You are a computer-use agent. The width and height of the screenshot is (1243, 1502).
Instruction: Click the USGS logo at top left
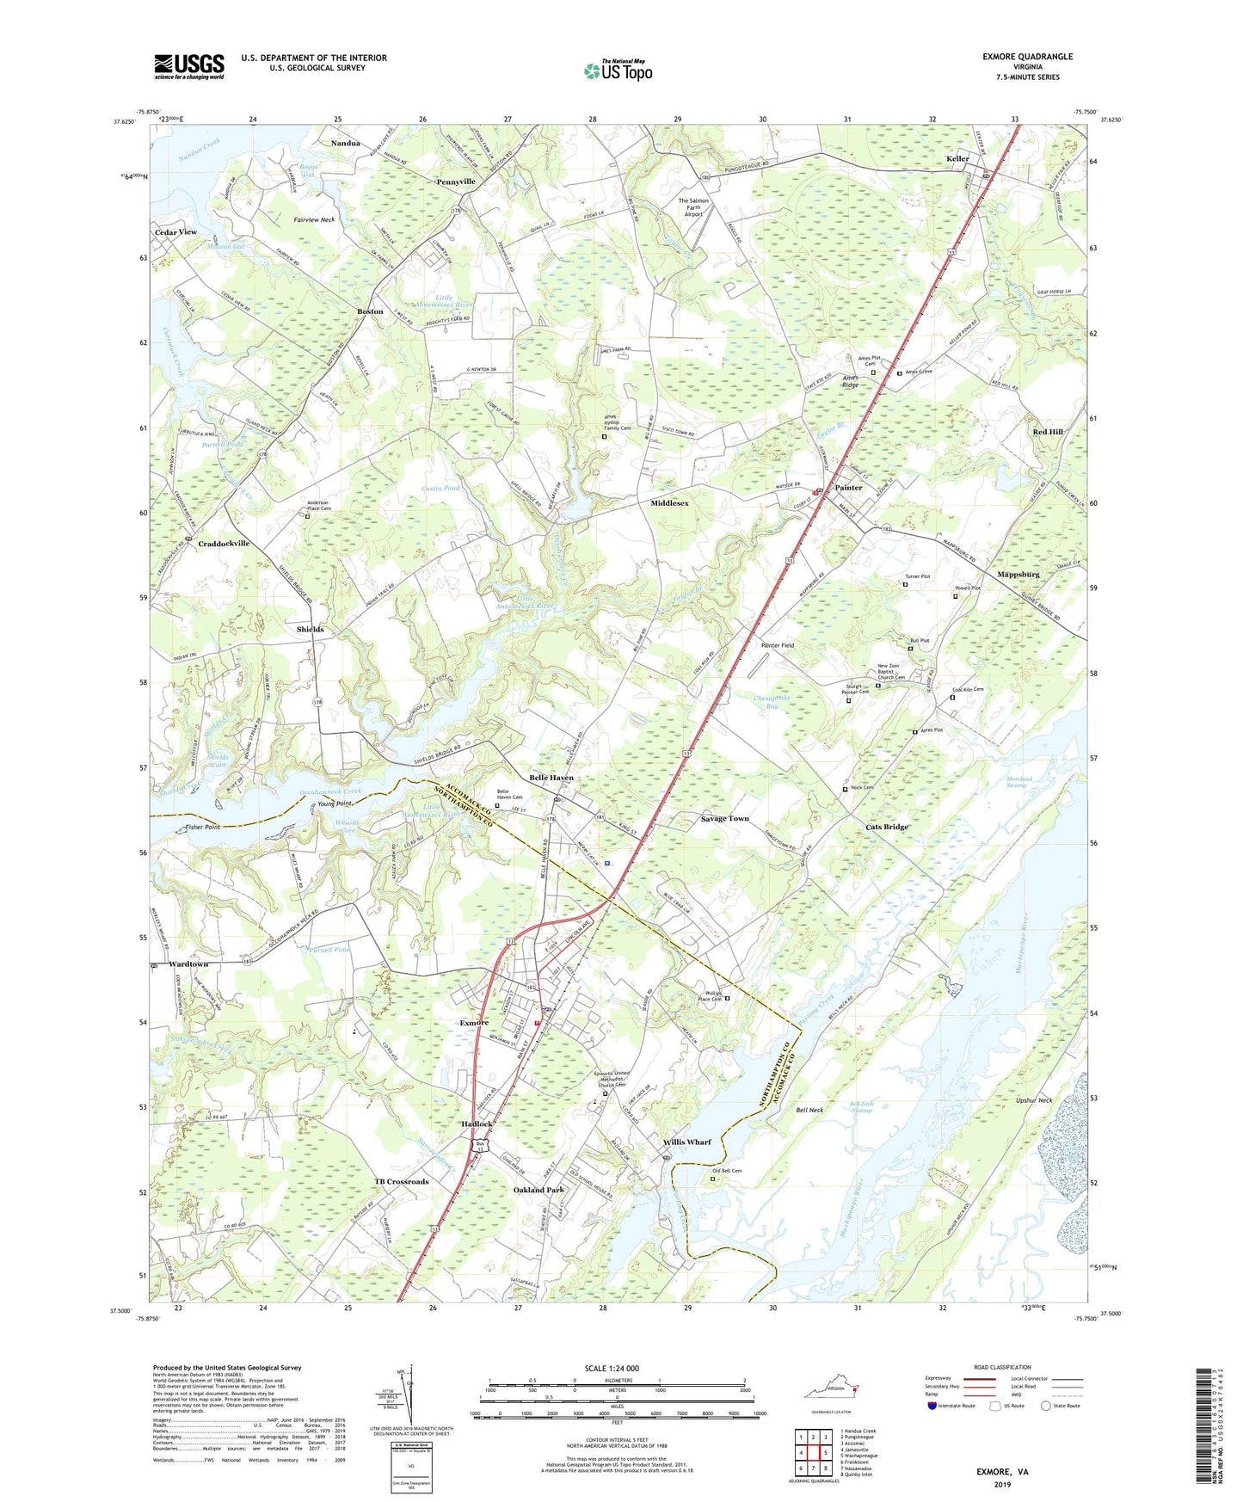click(x=189, y=66)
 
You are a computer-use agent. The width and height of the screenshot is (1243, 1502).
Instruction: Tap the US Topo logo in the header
click(x=617, y=70)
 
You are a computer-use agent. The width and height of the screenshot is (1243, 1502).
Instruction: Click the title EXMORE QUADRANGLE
click(x=1027, y=57)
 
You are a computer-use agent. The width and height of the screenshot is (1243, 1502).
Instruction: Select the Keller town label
click(x=957, y=159)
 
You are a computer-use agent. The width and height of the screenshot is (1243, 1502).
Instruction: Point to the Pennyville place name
click(x=456, y=182)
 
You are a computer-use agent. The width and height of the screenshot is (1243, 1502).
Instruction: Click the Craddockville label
click(x=224, y=544)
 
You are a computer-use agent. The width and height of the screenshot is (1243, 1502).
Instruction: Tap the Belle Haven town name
click(x=551, y=778)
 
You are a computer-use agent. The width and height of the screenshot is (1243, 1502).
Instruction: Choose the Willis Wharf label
click(x=686, y=1142)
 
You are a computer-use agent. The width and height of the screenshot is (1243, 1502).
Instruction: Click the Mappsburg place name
click(x=1018, y=574)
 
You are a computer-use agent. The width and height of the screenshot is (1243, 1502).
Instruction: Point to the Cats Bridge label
click(x=887, y=827)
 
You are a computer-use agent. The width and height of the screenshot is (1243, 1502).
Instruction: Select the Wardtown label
click(x=188, y=964)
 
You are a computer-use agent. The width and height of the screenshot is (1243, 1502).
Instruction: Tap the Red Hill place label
click(x=1048, y=432)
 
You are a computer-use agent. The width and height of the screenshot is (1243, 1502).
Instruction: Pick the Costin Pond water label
click(x=440, y=489)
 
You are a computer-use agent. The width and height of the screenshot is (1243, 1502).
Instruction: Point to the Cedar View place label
click(x=175, y=232)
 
